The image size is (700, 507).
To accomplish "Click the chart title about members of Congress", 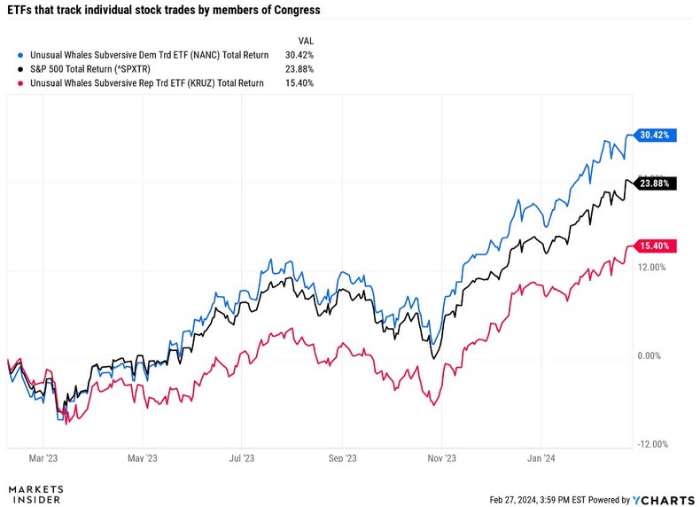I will point(164,11).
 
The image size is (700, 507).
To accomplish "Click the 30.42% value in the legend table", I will point(299,55).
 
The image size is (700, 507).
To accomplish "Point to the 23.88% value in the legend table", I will point(299,69).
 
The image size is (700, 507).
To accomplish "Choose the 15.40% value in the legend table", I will point(299,83).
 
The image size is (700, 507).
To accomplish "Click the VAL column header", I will point(305,40).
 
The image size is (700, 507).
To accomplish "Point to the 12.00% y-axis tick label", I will point(651,267).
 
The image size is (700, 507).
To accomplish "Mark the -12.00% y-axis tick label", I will point(650,445).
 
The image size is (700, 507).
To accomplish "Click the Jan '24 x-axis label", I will point(541,460).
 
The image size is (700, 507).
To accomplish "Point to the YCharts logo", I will point(665,499).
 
